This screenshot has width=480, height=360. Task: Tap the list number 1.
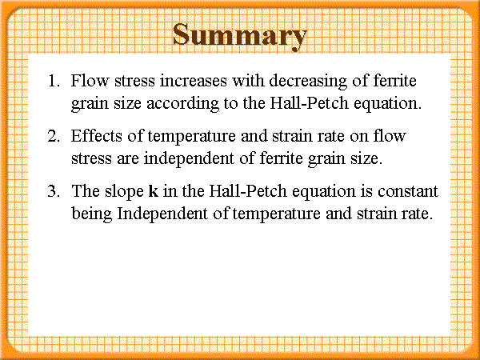[x=54, y=81]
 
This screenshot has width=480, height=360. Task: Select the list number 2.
[x=54, y=136]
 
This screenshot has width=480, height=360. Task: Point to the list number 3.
[x=54, y=191]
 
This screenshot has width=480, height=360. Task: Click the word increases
[x=194, y=81]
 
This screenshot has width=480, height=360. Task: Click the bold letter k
[x=154, y=190]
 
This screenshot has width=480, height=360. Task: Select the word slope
[x=124, y=193]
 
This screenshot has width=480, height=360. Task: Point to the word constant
[x=408, y=191]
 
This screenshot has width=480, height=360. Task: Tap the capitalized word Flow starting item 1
[x=90, y=81]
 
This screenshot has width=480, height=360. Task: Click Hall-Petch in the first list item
[x=309, y=103]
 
